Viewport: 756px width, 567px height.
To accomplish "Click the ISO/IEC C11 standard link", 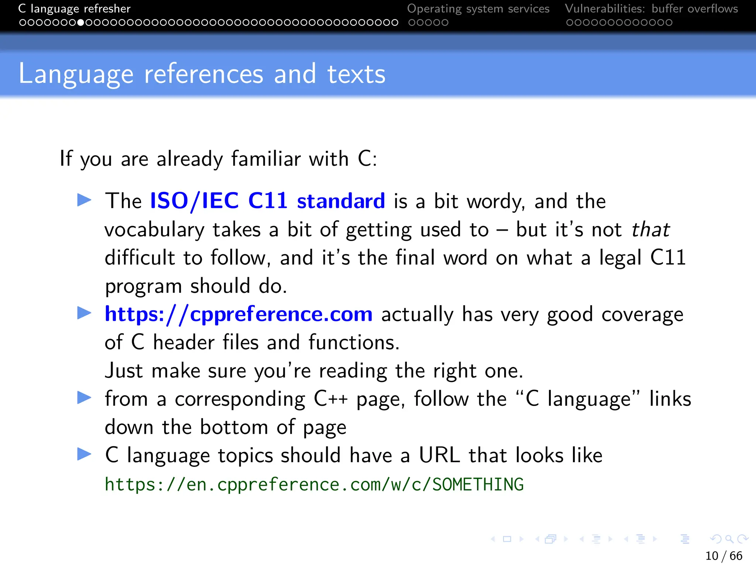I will (x=267, y=201).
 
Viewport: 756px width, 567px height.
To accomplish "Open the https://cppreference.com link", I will (x=238, y=315).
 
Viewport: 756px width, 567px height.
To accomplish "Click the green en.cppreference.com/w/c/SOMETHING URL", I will (x=314, y=485).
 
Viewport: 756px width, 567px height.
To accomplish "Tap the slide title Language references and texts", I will (x=202, y=74).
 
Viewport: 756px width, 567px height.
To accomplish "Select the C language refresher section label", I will (x=74, y=8).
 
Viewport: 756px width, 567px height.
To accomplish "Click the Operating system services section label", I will (x=478, y=8).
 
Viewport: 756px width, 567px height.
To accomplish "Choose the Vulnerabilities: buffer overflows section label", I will (x=651, y=8).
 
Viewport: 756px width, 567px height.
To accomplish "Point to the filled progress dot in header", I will (x=80, y=23).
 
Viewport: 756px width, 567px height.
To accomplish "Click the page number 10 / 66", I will (x=724, y=556).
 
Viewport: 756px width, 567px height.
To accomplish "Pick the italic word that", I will (x=650, y=230).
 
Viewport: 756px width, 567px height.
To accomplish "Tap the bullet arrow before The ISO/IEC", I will (x=84, y=200).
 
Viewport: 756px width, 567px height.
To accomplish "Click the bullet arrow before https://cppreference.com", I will (x=84, y=313).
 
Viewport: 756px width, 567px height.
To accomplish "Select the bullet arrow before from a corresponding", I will (x=84, y=398).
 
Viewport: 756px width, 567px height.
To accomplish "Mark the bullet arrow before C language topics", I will (x=84, y=454).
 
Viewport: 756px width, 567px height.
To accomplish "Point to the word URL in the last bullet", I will (x=439, y=455).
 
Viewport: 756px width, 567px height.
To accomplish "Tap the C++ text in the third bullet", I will (x=330, y=399).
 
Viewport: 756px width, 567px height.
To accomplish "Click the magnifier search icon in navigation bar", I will (x=729, y=539).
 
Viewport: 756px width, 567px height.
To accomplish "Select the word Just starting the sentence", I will (x=124, y=371).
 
